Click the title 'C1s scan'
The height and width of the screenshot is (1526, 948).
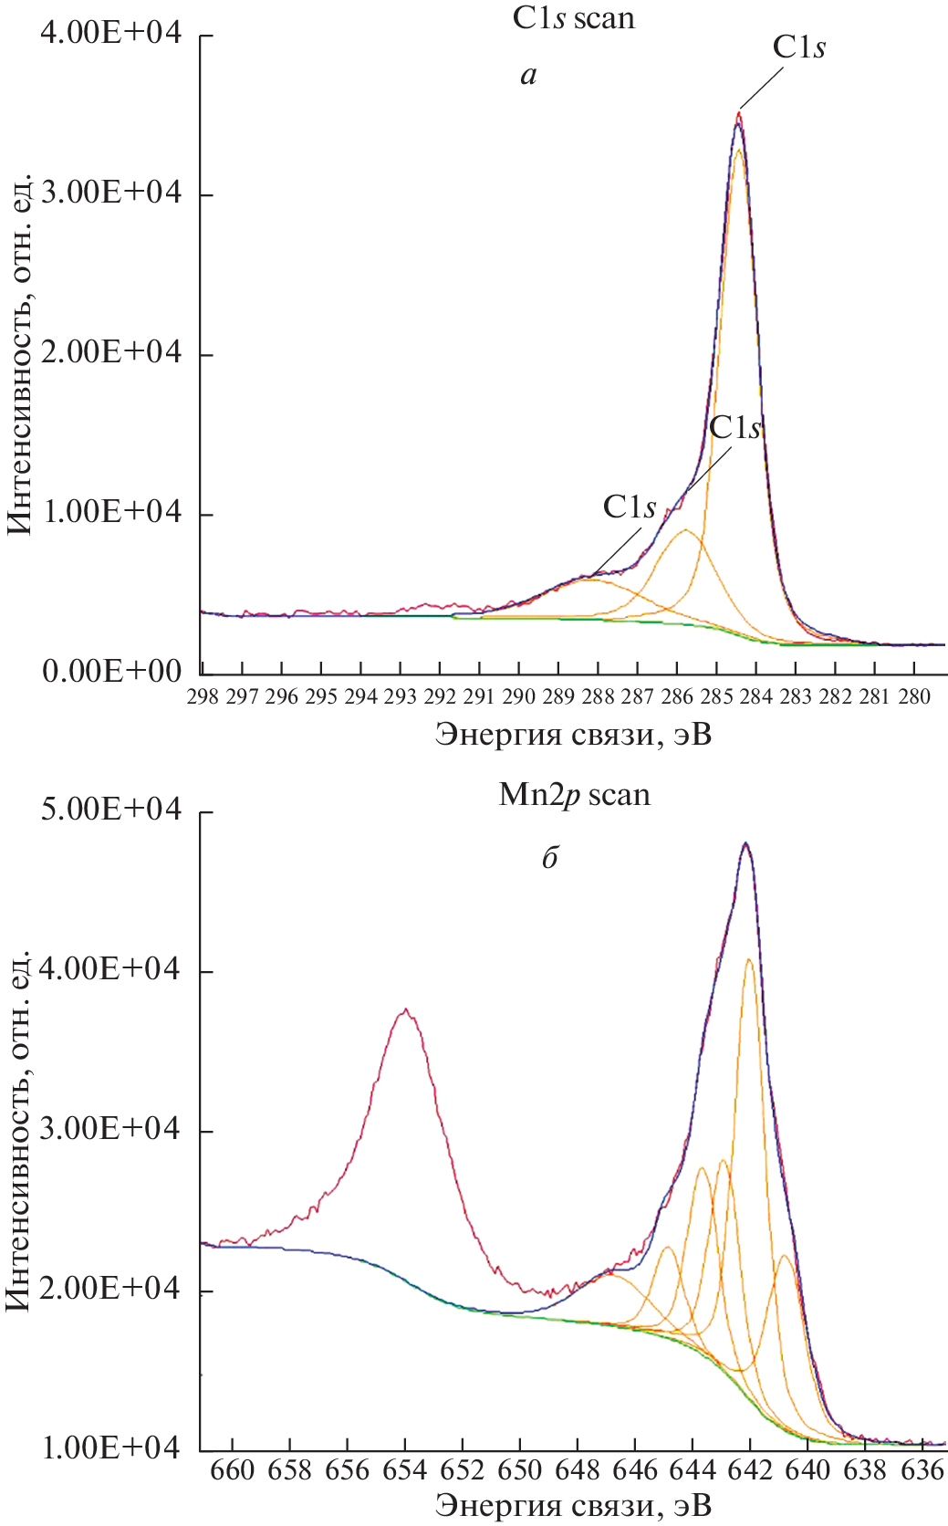coord(573,17)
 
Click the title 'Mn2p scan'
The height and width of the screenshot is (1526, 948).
coord(574,795)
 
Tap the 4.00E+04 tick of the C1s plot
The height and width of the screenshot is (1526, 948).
coord(111,35)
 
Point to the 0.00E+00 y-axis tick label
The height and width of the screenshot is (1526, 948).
coord(111,672)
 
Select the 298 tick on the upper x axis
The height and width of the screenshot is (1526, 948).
coord(203,697)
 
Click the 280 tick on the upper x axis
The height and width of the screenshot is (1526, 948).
coord(913,697)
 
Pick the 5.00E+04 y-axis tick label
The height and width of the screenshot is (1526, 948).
coord(111,810)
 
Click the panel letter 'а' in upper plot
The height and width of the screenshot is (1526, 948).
coord(528,75)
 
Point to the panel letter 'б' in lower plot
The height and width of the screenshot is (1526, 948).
coord(549,858)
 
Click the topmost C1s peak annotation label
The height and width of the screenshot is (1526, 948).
coord(799,47)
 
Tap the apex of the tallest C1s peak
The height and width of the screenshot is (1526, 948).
coord(739,114)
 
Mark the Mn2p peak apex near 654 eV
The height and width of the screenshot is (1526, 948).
coord(406,1009)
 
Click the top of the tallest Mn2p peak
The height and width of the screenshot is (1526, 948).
coord(745,843)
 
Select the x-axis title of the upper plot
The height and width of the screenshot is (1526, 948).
coord(573,734)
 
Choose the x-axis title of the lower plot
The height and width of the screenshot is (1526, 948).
coord(573,1505)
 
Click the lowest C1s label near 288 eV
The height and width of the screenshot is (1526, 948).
coord(630,507)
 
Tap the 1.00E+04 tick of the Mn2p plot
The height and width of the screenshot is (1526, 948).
coord(111,1449)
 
